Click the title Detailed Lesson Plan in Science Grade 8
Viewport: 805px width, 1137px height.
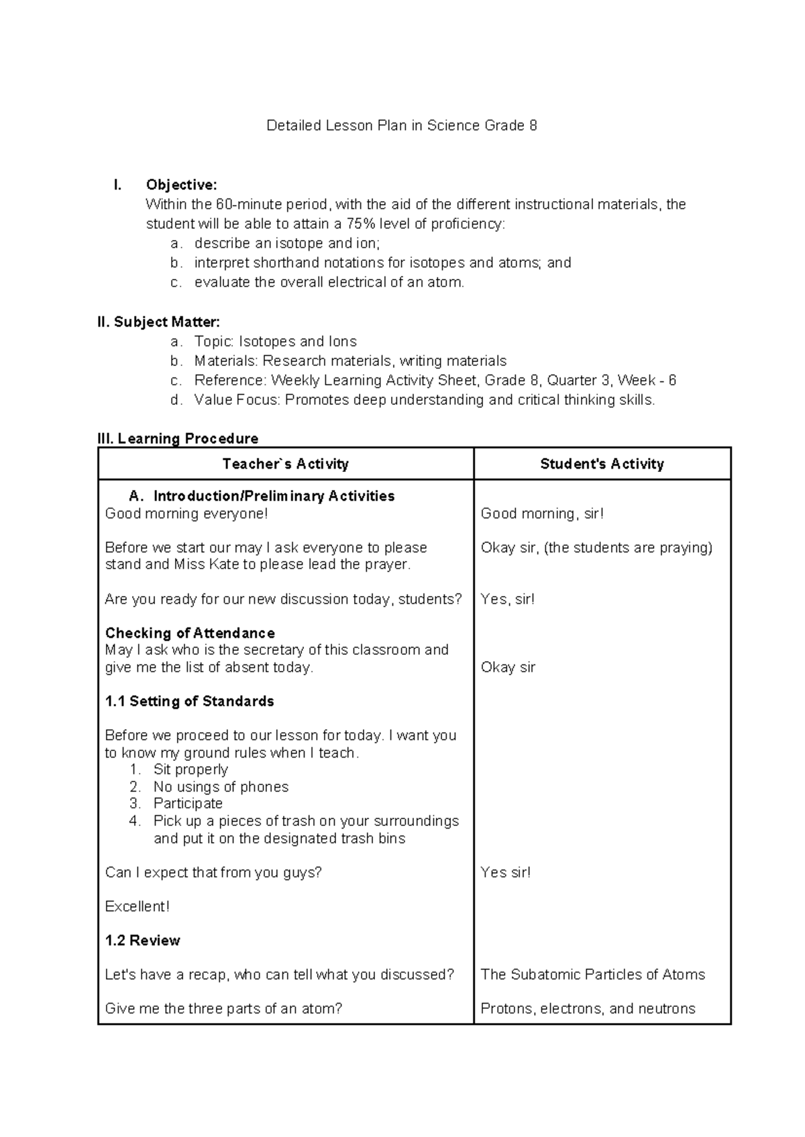click(401, 125)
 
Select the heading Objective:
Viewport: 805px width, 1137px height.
click(181, 185)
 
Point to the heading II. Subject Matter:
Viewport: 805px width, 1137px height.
click(158, 322)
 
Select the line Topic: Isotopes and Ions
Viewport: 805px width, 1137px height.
click(275, 341)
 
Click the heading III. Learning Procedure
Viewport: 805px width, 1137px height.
click(178, 438)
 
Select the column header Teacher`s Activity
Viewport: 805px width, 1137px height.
click(285, 464)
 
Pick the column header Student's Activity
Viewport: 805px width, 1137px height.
click(602, 464)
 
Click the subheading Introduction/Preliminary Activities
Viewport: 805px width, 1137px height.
click(274, 496)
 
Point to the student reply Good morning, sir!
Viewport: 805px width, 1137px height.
click(542, 514)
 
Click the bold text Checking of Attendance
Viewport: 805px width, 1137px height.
click(190, 633)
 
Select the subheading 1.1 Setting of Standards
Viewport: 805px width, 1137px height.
click(189, 701)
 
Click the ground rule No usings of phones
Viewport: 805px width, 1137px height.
click(221, 786)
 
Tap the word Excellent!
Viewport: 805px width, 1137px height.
click(137, 906)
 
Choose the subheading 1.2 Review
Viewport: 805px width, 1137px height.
click(142, 941)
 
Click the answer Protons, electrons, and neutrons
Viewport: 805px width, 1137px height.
click(588, 1009)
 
